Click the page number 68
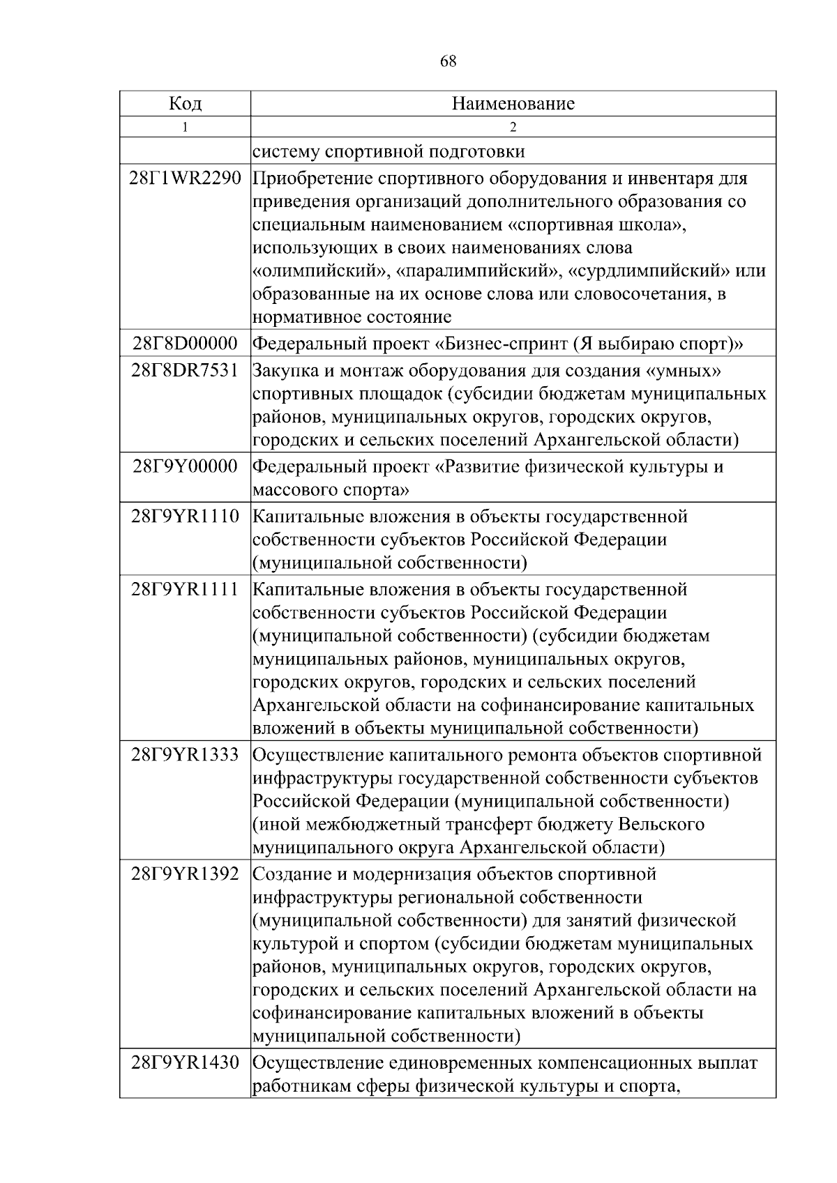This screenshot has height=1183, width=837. pos(448,61)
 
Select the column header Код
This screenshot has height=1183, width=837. pos(185,104)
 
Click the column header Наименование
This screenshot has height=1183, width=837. pos(513,104)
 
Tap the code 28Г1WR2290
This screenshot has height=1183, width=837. pos(185,178)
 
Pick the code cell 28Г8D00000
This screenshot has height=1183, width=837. pos(185,344)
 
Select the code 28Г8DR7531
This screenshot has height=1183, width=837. pos(185,370)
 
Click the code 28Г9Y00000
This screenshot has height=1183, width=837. pos(185,466)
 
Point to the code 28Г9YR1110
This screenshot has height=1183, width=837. pos(185,517)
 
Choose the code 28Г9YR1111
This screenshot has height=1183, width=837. pos(185,589)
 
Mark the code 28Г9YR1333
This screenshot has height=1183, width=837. pos(185,755)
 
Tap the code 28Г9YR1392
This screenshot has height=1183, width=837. pos(185,874)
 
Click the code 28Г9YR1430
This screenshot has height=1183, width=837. pos(185,1064)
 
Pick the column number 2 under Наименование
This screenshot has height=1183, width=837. pos(513,128)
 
